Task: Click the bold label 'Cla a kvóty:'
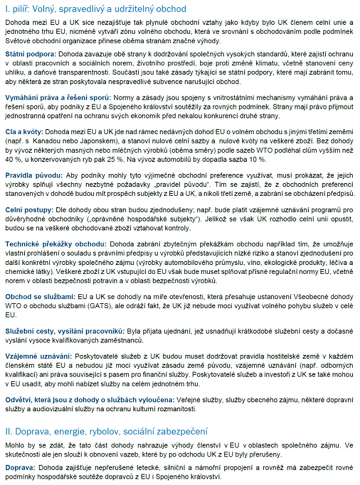point(25,130)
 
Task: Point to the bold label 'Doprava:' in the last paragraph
point(19,468)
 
